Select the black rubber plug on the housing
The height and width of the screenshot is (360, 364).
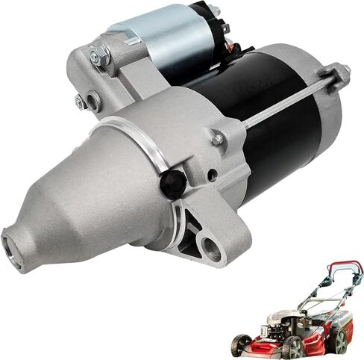click(173, 182)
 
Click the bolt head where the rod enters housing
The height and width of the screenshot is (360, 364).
click(217, 138)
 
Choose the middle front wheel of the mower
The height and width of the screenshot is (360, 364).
click(293, 347)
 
